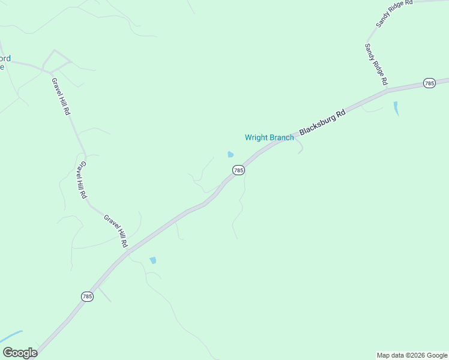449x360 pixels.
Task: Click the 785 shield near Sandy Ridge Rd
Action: click(429, 83)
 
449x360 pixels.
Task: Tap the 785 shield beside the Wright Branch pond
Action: click(238, 170)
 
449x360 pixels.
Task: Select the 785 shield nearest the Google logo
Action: click(88, 296)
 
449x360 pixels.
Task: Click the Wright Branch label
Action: click(270, 137)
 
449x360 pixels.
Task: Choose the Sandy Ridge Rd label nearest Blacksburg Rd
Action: click(376, 64)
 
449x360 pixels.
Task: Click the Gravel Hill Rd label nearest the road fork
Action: click(61, 97)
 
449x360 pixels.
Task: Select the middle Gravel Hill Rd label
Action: click(82, 180)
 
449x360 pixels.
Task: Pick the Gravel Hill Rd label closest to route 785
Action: click(116, 230)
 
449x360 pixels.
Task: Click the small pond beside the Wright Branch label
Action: click(231, 154)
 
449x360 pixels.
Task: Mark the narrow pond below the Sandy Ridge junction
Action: click(396, 108)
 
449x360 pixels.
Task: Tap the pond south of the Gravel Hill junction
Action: click(153, 260)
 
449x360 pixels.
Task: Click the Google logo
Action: click(20, 352)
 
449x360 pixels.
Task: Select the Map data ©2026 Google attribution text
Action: click(412, 355)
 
